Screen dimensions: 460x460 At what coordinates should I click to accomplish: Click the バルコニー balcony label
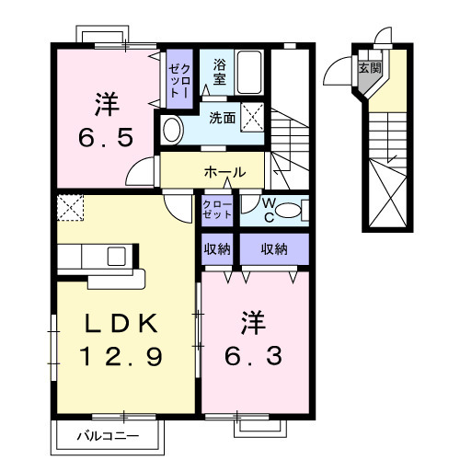coord(109,434)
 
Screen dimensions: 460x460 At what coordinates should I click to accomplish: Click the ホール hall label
coord(224,172)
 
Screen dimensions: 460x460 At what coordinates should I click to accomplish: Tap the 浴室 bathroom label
coord(219,73)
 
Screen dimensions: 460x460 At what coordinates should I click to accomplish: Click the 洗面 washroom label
coord(221,118)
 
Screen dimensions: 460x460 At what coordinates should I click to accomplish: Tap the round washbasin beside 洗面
coord(172,129)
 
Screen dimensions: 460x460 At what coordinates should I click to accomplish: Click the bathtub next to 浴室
coord(249,71)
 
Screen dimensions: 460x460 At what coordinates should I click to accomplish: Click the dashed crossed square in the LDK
coord(69,208)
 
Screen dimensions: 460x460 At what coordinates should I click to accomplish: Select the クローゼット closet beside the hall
coord(218,210)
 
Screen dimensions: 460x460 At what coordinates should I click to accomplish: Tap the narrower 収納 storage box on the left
coord(217,248)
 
